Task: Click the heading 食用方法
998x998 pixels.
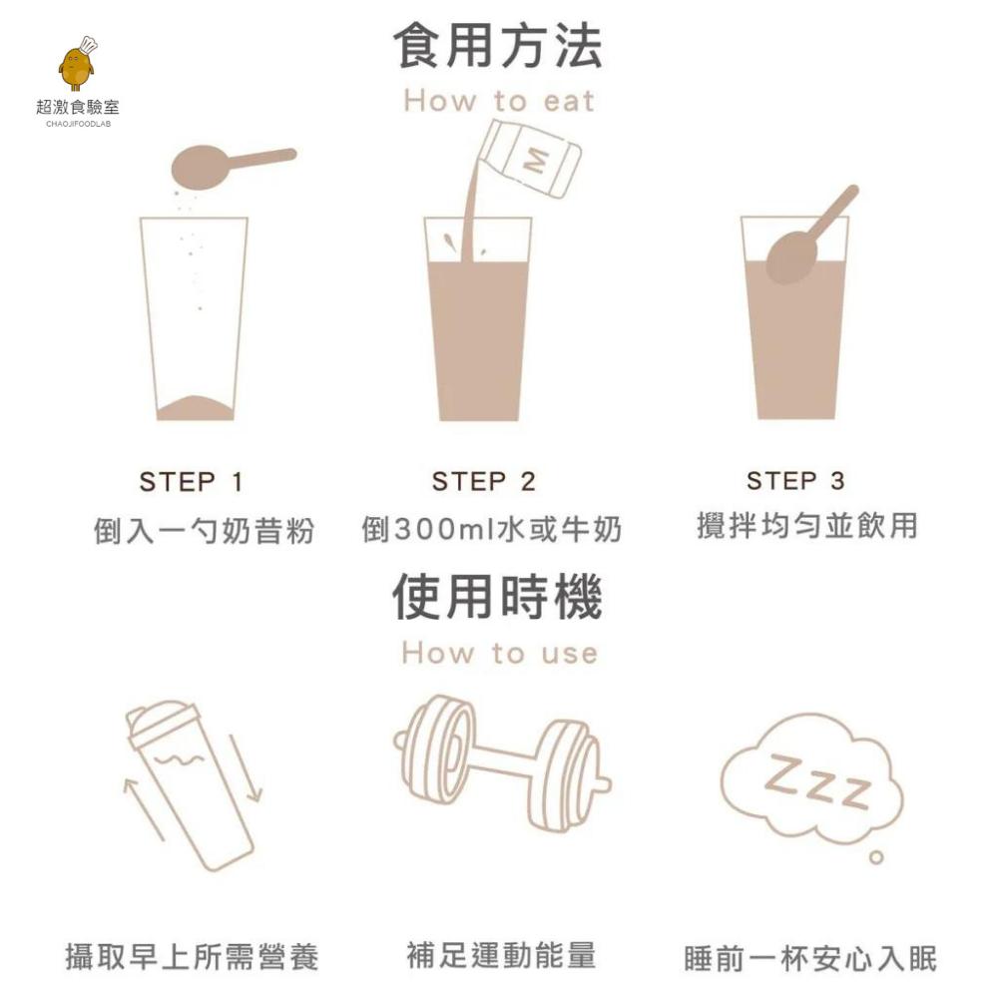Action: (498, 47)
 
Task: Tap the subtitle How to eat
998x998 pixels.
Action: (498, 101)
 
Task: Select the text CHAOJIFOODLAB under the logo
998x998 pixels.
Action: (78, 124)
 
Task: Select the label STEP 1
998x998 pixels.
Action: (191, 482)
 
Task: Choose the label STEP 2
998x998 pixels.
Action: (484, 482)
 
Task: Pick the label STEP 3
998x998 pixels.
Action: (795, 481)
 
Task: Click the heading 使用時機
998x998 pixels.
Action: (498, 597)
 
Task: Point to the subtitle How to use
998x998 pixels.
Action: (498, 654)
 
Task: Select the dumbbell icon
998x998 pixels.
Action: (502, 762)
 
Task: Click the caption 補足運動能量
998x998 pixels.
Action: (501, 955)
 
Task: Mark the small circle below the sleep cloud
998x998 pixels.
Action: (876, 857)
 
